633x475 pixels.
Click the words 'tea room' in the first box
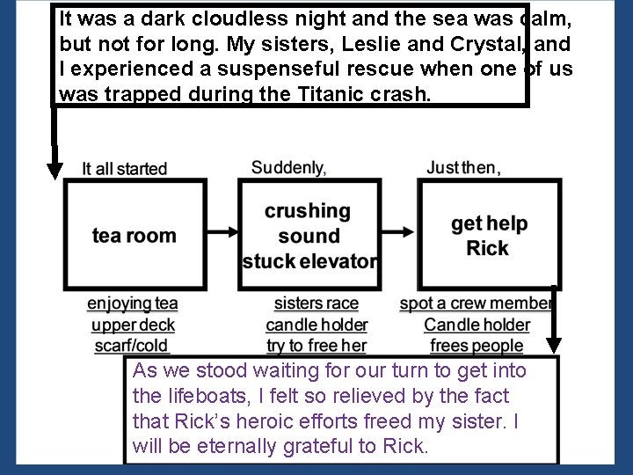click(135, 235)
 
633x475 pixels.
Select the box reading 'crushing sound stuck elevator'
click(309, 235)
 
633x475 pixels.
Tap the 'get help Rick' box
click(489, 235)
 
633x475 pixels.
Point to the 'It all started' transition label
click(124, 168)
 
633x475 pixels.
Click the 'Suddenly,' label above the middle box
click(288, 167)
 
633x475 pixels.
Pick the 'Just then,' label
click(463, 167)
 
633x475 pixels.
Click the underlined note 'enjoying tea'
click(133, 304)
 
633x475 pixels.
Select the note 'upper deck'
click(133, 325)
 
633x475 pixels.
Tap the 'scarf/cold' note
click(133, 346)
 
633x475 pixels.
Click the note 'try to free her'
click(316, 346)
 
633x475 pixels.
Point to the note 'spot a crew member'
click(476, 304)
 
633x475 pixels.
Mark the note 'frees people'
click(477, 346)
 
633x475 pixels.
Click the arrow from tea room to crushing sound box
click(222, 231)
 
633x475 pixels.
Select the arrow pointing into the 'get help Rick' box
click(399, 231)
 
